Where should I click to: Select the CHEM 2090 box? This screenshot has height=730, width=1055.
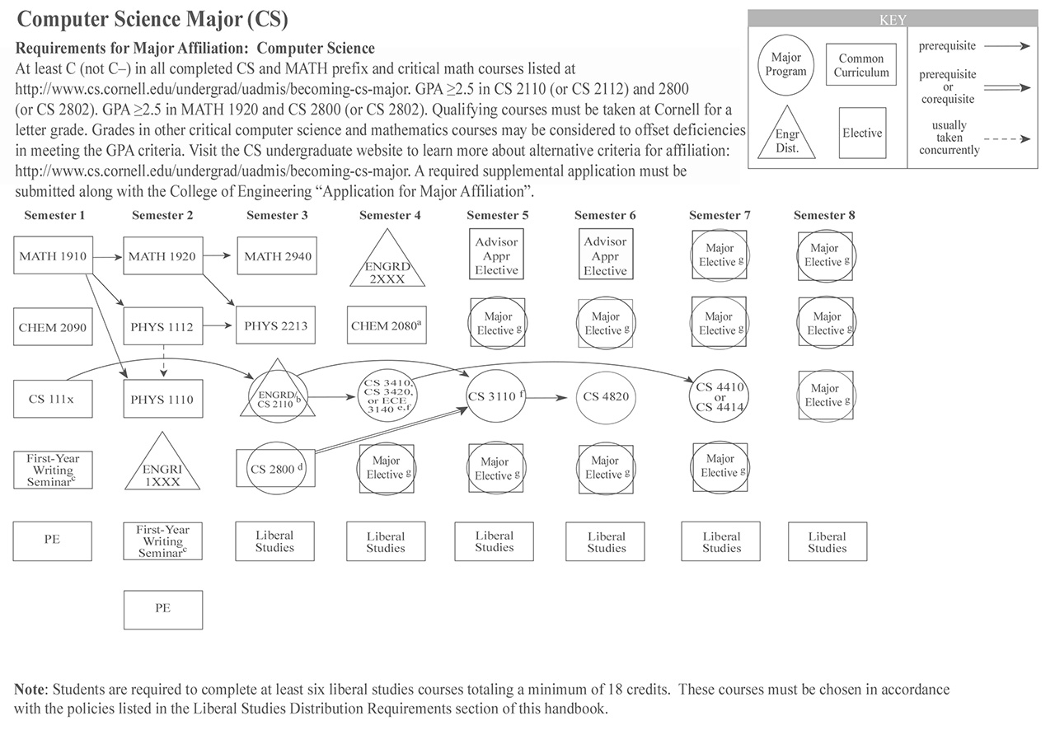53,327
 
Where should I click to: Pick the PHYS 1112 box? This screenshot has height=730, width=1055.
162,327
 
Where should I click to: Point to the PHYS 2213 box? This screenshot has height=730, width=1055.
275,326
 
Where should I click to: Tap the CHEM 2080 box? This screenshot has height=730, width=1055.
387,326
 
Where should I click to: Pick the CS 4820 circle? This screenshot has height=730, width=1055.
606,396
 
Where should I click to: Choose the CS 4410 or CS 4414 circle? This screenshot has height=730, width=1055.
720,396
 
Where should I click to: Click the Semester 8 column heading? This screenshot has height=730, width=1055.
824,215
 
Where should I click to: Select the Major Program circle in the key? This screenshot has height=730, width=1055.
785,65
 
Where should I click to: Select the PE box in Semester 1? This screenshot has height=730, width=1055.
52,540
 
